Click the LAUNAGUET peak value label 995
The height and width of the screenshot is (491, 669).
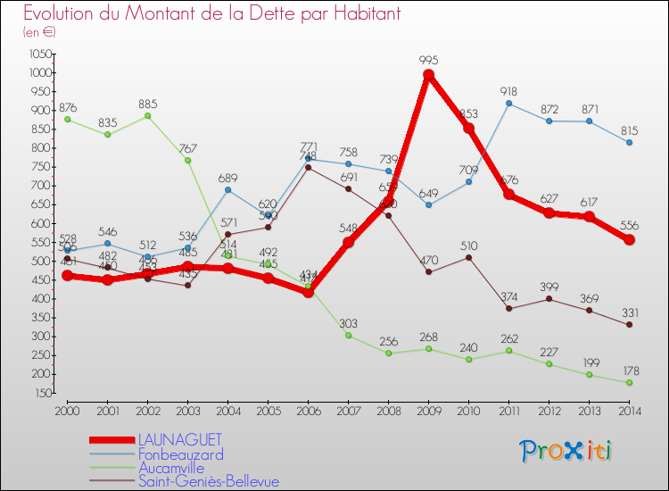pos(428,61)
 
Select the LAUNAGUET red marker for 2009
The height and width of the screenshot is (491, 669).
pos(428,75)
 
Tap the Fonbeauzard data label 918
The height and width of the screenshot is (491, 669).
pos(509,90)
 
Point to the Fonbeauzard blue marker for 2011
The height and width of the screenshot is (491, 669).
pos(508,104)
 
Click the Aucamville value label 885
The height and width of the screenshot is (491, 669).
pos(148,103)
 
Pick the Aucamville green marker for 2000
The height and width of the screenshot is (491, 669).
pos(67,119)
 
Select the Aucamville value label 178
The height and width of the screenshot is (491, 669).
pos(629,370)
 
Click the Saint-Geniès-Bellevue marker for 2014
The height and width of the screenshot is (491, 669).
pos(629,325)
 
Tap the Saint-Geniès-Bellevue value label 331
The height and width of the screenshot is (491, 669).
pos(629,312)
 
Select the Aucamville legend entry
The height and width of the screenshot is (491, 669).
pos(171,468)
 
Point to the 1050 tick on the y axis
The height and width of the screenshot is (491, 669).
pos(39,54)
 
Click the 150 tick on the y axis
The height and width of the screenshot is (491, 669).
pos(43,393)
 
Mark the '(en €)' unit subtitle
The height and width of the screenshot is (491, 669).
pos(39,33)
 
